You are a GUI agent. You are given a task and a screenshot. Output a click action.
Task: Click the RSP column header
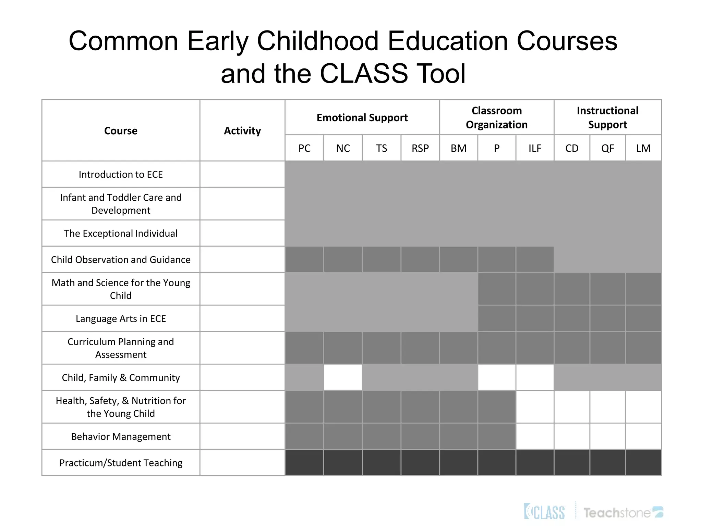420,148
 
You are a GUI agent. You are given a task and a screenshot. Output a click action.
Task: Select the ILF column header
535,148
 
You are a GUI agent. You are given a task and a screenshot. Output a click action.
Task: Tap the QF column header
607,148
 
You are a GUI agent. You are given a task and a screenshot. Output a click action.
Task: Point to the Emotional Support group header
362,117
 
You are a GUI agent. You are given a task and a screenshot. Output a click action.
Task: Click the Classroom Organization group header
496,117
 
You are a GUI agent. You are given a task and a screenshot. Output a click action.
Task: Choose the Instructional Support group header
607,117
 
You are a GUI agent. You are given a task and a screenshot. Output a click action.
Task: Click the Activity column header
242,130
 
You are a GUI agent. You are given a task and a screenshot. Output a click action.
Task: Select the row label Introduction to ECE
121,174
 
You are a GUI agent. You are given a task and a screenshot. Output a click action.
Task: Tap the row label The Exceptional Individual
121,233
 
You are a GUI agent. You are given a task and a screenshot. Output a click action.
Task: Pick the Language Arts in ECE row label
121,318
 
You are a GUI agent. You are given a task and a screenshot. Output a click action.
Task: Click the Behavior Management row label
121,437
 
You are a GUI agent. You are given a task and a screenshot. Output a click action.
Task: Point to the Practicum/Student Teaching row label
121,463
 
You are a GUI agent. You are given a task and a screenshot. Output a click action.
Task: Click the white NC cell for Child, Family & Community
343,377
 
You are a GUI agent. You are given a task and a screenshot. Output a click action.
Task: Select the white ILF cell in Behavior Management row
535,436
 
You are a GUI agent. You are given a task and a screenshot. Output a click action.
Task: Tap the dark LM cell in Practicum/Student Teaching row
643,462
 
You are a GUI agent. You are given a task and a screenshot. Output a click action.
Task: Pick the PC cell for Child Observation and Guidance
304,259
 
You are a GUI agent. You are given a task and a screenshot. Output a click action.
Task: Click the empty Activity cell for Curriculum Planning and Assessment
242,348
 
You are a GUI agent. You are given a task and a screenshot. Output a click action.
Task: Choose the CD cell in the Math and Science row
572,289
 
